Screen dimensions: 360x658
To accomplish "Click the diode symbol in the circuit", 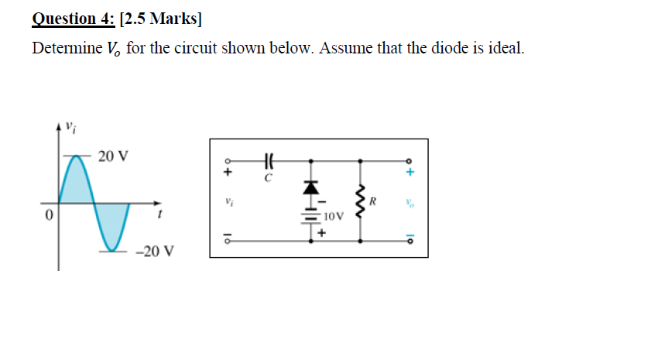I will pyautogui.click(x=311, y=187).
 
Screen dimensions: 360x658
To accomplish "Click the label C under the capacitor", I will pyautogui.click(x=268, y=178).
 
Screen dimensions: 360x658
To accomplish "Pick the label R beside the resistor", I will pyautogui.click(x=373, y=203).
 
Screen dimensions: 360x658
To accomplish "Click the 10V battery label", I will pyautogui.click(x=333, y=216).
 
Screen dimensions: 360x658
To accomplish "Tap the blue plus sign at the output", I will pyautogui.click(x=411, y=171).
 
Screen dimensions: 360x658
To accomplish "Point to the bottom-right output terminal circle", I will pyautogui.click(x=411, y=240).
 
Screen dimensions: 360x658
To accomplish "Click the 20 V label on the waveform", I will pyautogui.click(x=114, y=156).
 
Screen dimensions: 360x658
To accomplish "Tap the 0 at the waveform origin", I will pyautogui.click(x=49, y=214).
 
